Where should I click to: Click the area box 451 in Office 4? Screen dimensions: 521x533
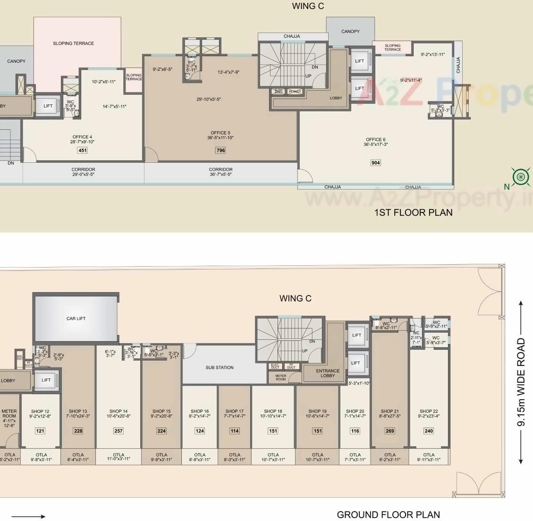83,151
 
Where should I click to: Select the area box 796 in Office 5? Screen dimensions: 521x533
220,151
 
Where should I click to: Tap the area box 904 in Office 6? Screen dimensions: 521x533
375,163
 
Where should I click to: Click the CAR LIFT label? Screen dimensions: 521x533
76,319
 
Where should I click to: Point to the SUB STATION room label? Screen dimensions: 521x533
220,367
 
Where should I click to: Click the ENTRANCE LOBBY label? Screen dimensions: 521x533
328,373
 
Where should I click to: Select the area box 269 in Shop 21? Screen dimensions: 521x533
389,431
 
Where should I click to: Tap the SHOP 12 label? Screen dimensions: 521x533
40,412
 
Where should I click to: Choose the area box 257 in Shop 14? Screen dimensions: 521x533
118,431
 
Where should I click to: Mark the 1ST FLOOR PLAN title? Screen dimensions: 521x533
413,212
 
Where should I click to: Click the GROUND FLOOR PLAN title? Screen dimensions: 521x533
388,514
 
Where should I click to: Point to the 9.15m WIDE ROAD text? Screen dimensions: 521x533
521,382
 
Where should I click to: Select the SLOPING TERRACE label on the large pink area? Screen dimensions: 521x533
73,43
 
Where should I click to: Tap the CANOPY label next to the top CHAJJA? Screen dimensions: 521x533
350,32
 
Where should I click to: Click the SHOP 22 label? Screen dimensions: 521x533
429,412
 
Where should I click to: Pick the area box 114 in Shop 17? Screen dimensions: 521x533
235,431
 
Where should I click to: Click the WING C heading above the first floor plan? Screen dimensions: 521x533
308,6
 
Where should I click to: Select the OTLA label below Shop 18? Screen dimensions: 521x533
273,455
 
